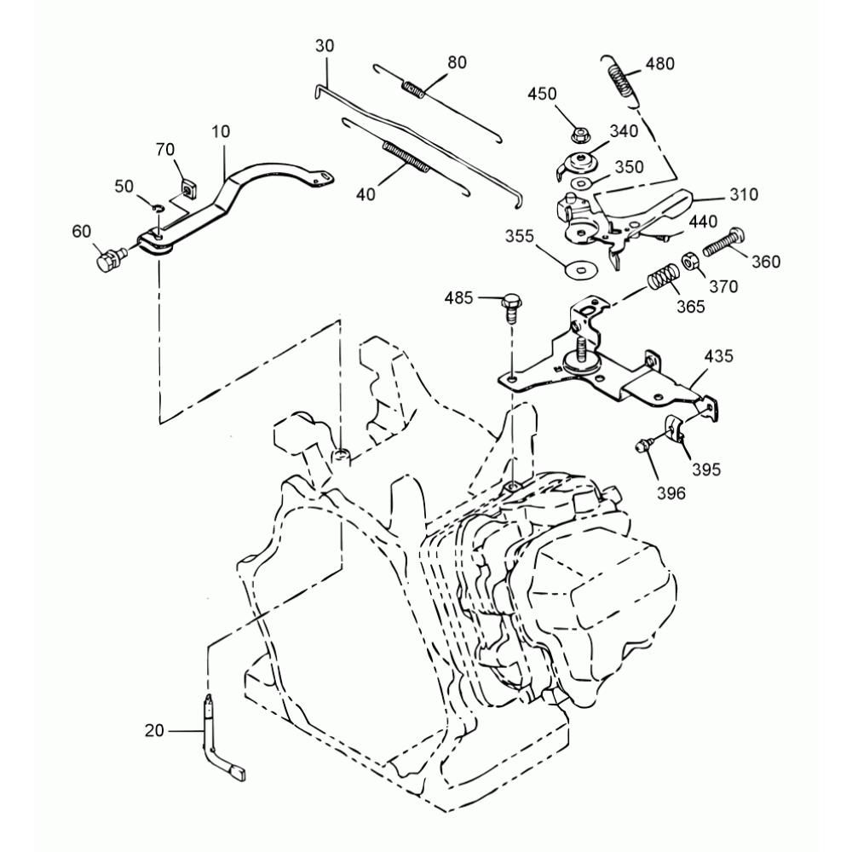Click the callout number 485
tap(458, 297)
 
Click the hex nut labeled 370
tap(690, 260)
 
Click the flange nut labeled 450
tap(581, 135)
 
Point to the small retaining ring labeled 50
tap(157, 209)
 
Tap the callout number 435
tap(718, 356)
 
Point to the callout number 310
tap(744, 194)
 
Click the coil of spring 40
tap(406, 158)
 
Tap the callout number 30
tap(325, 46)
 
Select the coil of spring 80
tap(413, 91)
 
